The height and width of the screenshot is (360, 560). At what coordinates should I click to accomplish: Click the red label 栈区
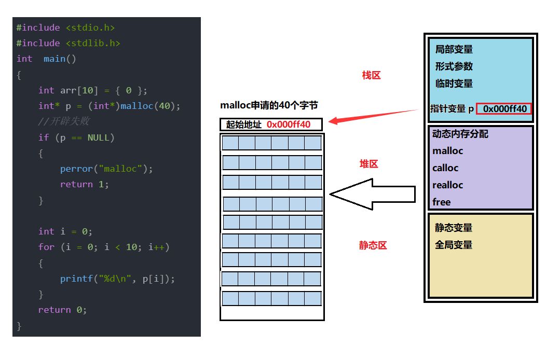click(371, 75)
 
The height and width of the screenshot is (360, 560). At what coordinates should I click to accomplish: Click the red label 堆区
click(369, 164)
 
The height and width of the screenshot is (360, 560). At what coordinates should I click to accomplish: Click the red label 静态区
click(373, 245)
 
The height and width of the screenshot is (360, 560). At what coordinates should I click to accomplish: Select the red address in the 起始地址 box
click(289, 124)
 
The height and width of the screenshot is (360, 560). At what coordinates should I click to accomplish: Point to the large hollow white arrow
click(372, 194)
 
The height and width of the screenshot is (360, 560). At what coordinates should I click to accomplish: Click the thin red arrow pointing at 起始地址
click(374, 116)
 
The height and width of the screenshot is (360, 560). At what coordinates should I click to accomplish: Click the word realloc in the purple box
click(447, 185)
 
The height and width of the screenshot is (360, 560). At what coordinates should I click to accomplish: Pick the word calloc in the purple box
click(445, 168)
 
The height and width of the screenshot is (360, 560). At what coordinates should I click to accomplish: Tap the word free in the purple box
click(441, 202)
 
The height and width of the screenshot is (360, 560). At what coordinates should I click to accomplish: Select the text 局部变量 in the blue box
click(454, 49)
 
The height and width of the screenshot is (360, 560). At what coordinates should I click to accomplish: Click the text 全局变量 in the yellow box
click(454, 244)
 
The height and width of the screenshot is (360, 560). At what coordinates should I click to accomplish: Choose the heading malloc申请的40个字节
click(269, 105)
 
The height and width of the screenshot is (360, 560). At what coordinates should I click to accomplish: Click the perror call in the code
click(106, 169)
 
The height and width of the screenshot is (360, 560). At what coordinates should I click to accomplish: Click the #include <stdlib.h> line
click(68, 43)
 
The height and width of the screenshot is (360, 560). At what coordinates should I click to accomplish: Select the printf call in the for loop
click(117, 279)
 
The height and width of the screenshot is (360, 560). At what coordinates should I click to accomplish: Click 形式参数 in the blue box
click(454, 66)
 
